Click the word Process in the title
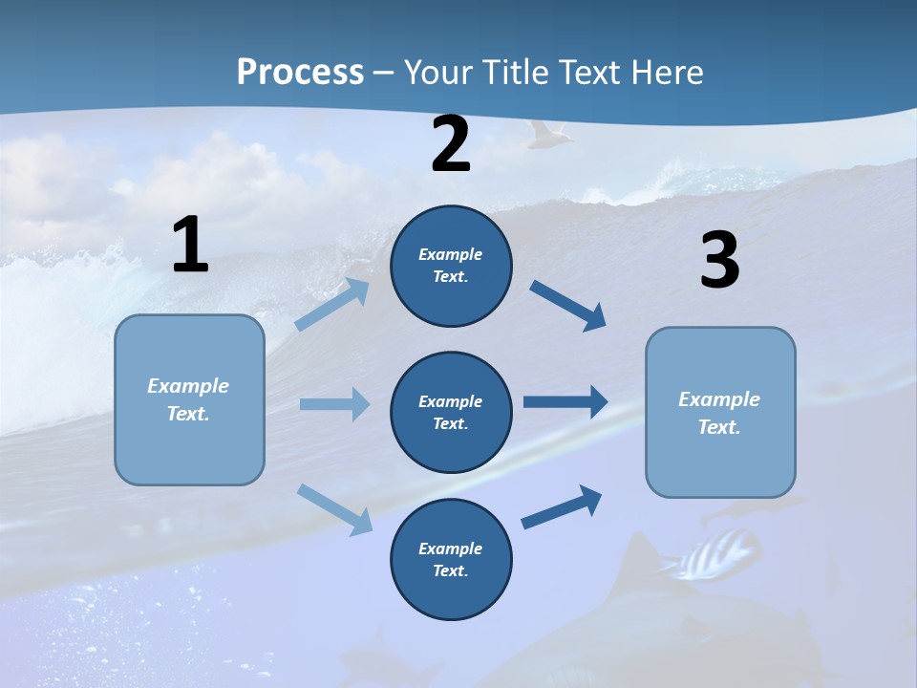click(300, 73)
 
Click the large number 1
click(190, 246)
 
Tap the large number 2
click(451, 145)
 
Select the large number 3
click(719, 262)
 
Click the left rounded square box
click(189, 399)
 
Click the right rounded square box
click(720, 412)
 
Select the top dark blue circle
click(451, 266)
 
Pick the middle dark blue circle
click(451, 412)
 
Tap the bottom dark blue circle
click(451, 559)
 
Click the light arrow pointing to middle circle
click(334, 404)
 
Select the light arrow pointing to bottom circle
click(335, 508)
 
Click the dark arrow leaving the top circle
click(568, 306)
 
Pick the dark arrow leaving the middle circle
click(565, 402)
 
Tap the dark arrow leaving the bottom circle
click(562, 507)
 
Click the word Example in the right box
click(719, 399)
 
